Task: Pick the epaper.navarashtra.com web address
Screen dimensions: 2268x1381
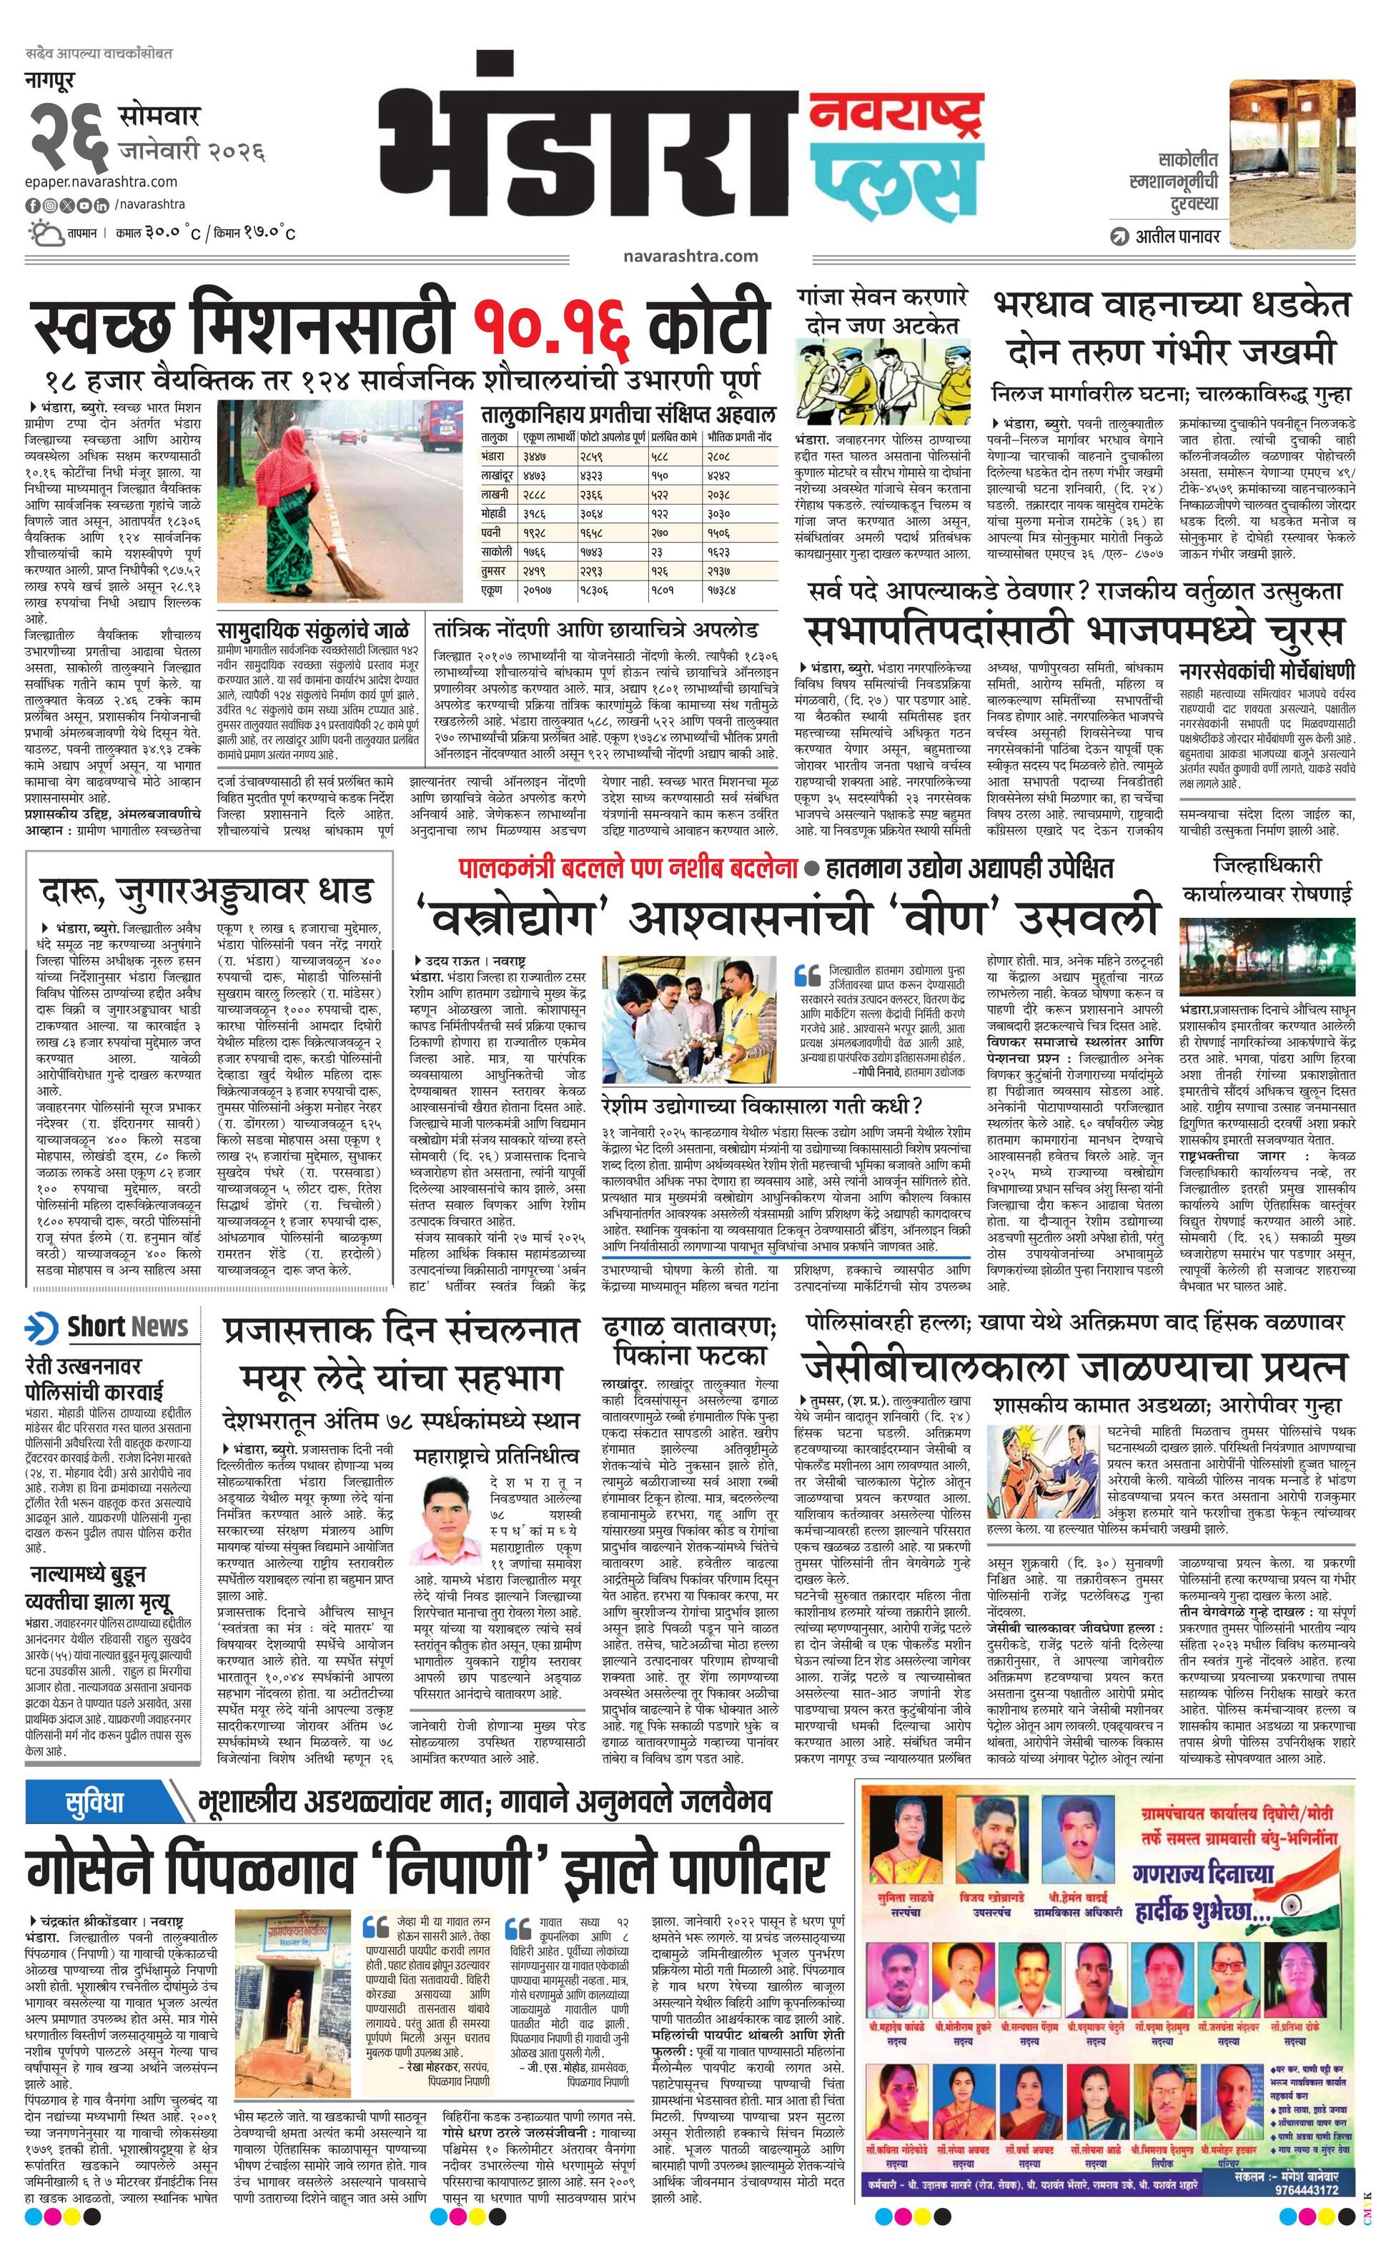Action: tap(102, 182)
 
